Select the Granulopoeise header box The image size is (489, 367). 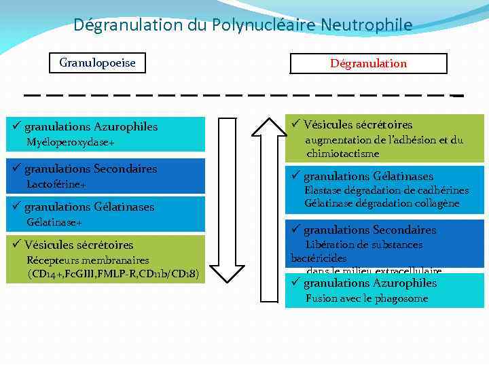pyautogui.click(x=97, y=63)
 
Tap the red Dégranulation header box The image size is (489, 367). pyautogui.click(x=368, y=63)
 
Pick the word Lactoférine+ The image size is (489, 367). pyautogui.click(x=56, y=184)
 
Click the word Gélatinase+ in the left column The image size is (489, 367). pyautogui.click(x=54, y=222)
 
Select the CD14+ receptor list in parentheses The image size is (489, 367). pyautogui.click(x=113, y=274)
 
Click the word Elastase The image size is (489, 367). pyautogui.click(x=324, y=190)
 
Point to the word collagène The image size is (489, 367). pyautogui.click(x=435, y=203)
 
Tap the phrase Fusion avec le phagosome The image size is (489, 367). pyautogui.click(x=367, y=298)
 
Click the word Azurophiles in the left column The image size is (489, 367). pyautogui.click(x=126, y=127)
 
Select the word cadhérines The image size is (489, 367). pyautogui.click(x=442, y=190)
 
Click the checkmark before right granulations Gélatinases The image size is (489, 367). pyautogui.click(x=296, y=177)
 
